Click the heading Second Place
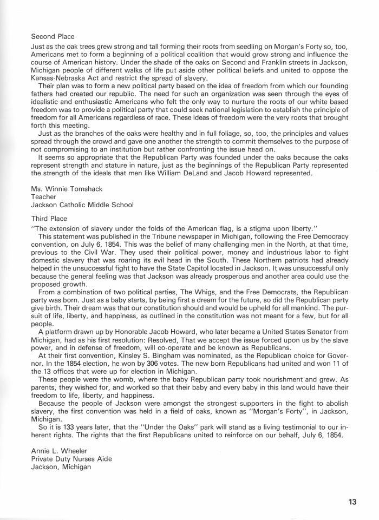tap(53, 37)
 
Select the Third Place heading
tap(49, 219)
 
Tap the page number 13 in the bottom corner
tap(352, 502)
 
